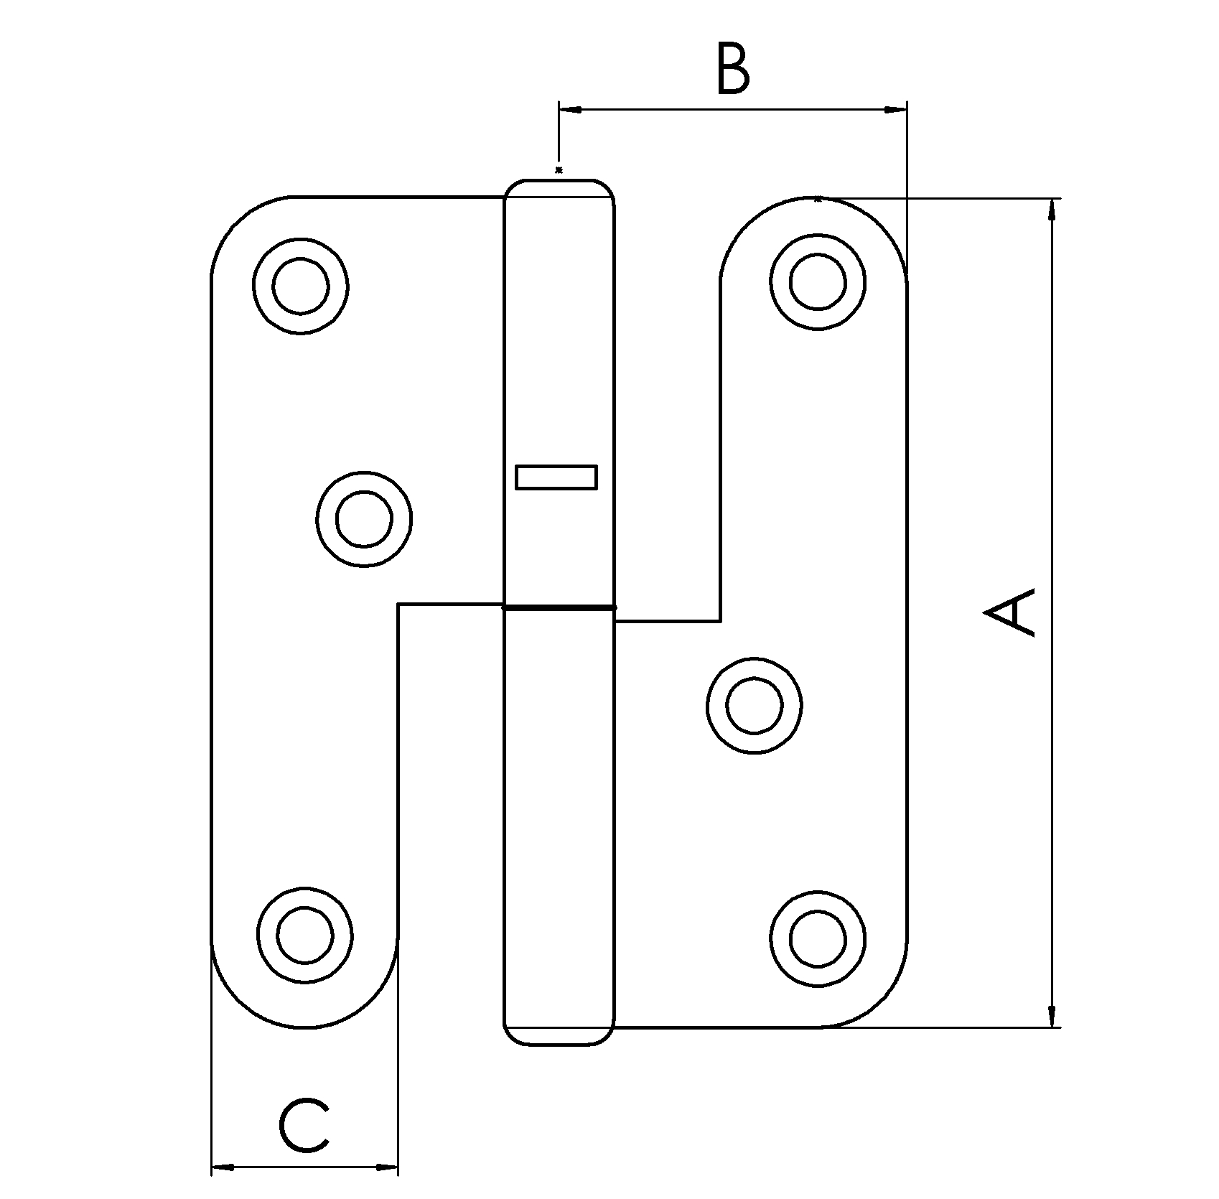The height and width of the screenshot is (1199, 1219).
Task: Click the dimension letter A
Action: point(1011,612)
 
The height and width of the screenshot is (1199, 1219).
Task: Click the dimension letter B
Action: point(733,70)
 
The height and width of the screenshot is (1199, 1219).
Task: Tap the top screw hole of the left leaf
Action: point(301,286)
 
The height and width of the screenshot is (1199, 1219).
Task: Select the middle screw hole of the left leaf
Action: point(364,519)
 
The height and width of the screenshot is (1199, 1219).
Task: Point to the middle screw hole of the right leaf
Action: point(754,705)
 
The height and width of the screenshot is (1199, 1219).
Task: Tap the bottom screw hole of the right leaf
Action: point(818,938)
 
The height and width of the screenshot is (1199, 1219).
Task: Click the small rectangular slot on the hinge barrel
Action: point(556,477)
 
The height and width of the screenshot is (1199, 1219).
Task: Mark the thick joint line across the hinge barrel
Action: point(559,608)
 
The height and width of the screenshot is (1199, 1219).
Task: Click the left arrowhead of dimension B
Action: point(569,110)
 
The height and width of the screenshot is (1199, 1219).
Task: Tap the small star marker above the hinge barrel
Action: point(559,170)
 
